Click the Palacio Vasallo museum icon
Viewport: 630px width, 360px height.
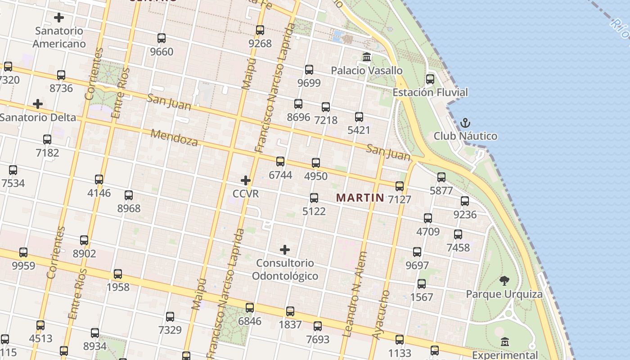click(x=367, y=57)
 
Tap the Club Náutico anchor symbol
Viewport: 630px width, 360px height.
click(x=465, y=122)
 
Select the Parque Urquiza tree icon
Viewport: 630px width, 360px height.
click(x=504, y=281)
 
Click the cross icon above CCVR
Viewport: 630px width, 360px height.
click(x=246, y=180)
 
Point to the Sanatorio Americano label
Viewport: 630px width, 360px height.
click(x=59, y=37)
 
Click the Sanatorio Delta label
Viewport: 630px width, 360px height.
click(x=38, y=117)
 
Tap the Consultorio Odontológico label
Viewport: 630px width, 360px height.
click(x=285, y=269)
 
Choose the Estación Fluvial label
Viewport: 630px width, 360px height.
click(x=430, y=92)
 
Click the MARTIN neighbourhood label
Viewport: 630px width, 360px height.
click(x=360, y=198)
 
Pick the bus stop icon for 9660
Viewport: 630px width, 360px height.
click(x=162, y=38)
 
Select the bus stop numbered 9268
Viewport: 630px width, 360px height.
click(x=260, y=30)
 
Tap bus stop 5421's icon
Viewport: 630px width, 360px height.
click(x=359, y=117)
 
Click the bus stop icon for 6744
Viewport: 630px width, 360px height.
click(x=280, y=162)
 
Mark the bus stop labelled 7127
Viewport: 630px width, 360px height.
click(x=400, y=186)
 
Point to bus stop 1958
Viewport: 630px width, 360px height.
click(x=118, y=274)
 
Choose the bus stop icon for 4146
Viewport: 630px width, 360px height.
click(x=99, y=180)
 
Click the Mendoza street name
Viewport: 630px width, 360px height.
click(x=174, y=138)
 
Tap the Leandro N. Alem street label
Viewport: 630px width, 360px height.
click(x=355, y=294)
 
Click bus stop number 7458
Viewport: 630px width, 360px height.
click(x=458, y=234)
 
